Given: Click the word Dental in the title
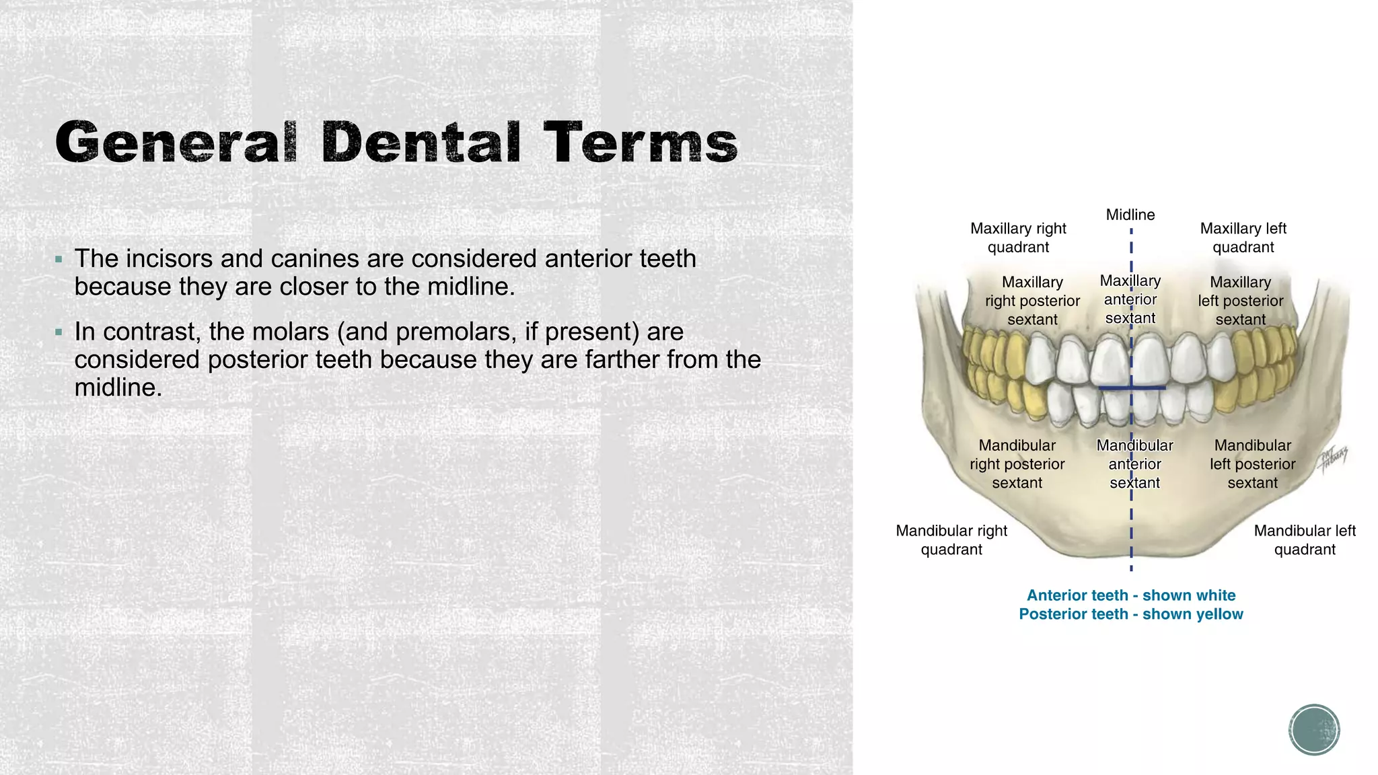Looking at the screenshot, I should point(421,143).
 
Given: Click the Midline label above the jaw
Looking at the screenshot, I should point(1130,215).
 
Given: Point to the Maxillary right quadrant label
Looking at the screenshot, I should point(1018,237).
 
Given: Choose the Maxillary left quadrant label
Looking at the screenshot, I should point(1243,237).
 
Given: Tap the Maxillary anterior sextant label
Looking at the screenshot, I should point(1130,299).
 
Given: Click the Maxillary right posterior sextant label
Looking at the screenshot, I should point(1032,301).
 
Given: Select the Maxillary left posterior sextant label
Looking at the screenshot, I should point(1240,301).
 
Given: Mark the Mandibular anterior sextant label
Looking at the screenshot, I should point(1134,464).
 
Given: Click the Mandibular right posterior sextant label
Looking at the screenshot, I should point(1017,464).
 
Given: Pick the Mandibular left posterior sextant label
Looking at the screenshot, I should point(1252,464).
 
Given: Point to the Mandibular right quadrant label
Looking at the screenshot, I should point(951,540).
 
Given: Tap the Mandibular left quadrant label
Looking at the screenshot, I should point(1305,540).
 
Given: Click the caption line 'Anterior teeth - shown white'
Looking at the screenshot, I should point(1131,595).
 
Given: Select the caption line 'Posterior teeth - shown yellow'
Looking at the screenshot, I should point(1131,614).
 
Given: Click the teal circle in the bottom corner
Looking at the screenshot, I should point(1314,730).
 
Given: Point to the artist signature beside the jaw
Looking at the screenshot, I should point(1333,460).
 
